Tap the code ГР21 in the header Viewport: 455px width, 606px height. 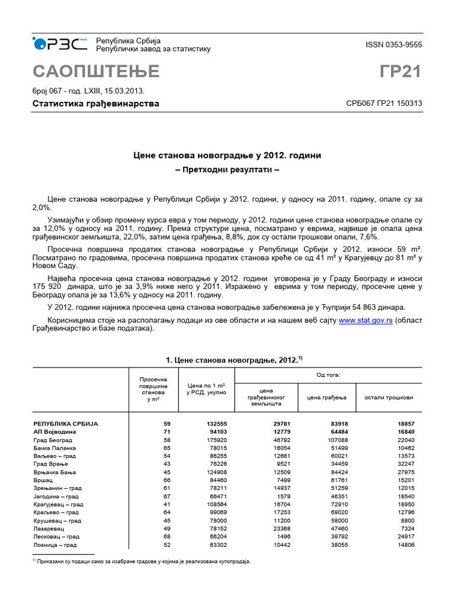(x=400, y=71)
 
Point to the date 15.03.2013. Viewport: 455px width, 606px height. (x=124, y=91)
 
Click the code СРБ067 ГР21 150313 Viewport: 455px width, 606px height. (x=384, y=104)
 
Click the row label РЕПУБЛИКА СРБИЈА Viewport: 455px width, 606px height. (x=65, y=424)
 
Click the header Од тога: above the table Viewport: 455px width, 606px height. (x=328, y=375)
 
